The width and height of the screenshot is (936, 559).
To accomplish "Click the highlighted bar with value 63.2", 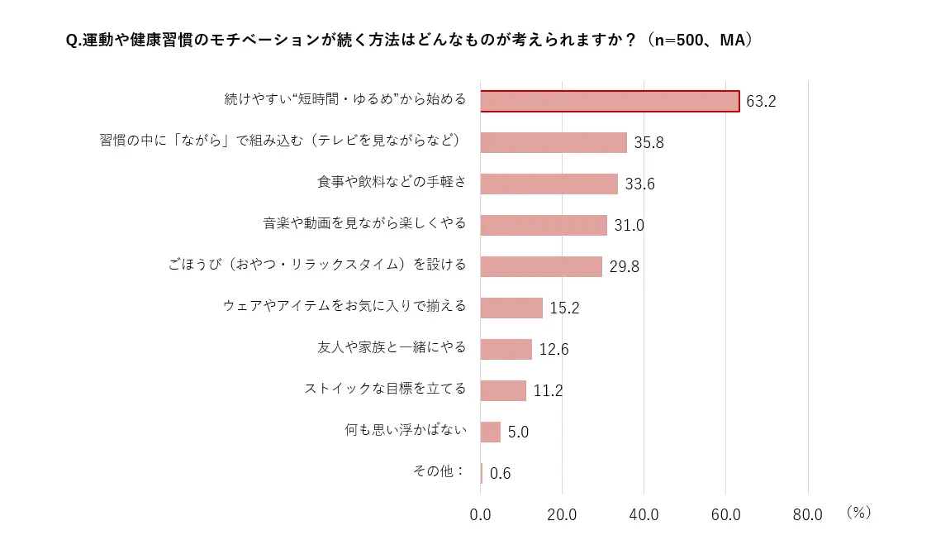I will (x=610, y=101).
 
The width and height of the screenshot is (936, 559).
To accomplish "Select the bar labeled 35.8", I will (x=554, y=142).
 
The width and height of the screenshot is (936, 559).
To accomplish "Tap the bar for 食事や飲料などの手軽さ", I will (x=549, y=184).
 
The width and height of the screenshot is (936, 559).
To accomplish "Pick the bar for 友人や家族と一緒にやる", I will (x=506, y=349).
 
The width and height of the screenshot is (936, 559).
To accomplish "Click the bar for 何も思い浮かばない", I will (x=491, y=432).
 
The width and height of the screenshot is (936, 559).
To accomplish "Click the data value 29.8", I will (x=624, y=266).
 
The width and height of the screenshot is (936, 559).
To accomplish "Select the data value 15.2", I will (x=564, y=308).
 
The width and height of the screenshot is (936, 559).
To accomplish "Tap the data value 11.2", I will (x=548, y=390).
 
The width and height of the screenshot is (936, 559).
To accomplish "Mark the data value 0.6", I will (x=501, y=473).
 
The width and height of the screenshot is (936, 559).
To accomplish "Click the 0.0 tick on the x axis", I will (x=480, y=514).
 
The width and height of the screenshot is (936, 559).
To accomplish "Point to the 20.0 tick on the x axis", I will (x=562, y=514).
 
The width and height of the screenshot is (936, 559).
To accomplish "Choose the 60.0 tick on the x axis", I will (x=725, y=514).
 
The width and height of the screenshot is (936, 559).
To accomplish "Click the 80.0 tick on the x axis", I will (x=807, y=514).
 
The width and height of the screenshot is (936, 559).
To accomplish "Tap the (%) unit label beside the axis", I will (x=858, y=513).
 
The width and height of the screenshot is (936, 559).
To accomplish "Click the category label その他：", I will (x=439, y=471).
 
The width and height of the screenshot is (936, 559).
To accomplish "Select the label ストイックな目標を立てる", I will (x=385, y=389).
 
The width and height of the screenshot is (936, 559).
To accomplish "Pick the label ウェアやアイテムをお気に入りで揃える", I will (x=344, y=306).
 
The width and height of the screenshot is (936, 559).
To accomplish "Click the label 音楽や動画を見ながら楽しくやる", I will (x=364, y=223).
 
